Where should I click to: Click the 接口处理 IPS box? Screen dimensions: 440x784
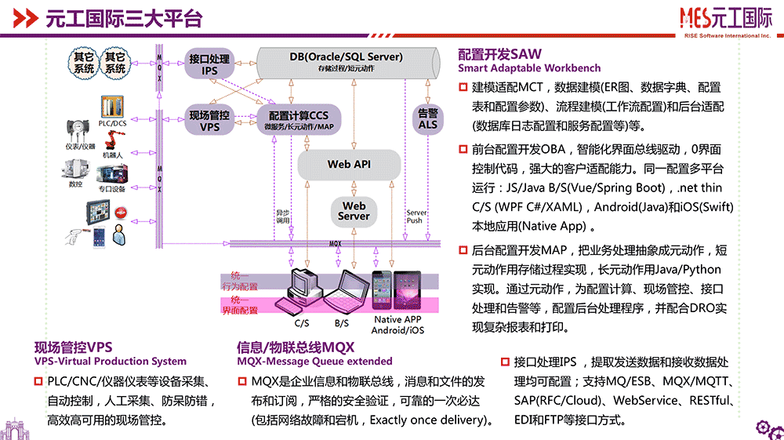(x=209, y=64)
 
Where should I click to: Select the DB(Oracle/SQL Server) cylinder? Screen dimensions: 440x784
(x=346, y=61)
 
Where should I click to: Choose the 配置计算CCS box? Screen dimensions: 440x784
(x=299, y=120)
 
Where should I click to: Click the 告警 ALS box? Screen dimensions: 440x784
(x=428, y=119)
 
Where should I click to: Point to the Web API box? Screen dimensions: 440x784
(x=349, y=164)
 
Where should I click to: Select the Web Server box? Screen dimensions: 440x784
(x=354, y=211)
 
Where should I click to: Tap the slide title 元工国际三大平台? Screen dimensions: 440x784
(x=123, y=17)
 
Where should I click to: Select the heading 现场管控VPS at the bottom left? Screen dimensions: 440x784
(x=74, y=347)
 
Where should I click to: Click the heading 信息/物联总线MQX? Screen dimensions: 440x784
(x=296, y=347)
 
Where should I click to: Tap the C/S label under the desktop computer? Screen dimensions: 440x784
(x=302, y=322)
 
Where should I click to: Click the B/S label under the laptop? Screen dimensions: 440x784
(x=342, y=322)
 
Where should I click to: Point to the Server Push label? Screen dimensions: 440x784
(x=416, y=216)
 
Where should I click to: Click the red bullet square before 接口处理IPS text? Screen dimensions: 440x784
(x=504, y=362)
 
